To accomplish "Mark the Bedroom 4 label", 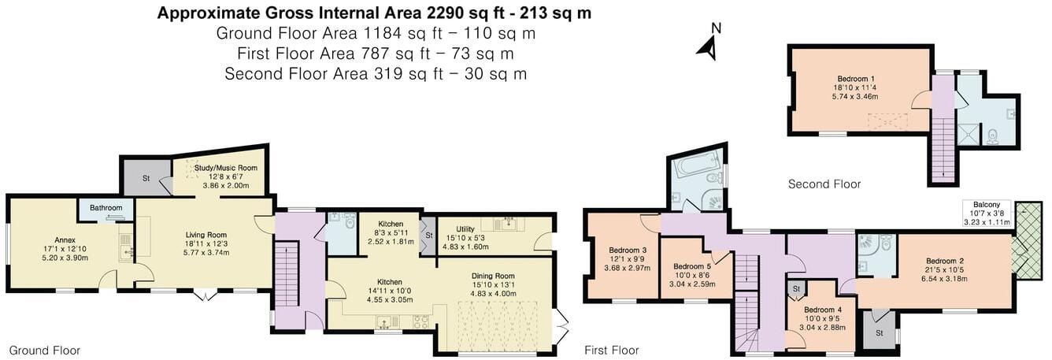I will coord(817,309).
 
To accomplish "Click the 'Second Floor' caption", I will coord(824,184).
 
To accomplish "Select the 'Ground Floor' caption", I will coord(45,350).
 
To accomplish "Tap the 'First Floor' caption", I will coord(611,350).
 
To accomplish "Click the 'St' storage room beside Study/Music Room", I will coord(146,179).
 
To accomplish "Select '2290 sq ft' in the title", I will coord(461,13).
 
